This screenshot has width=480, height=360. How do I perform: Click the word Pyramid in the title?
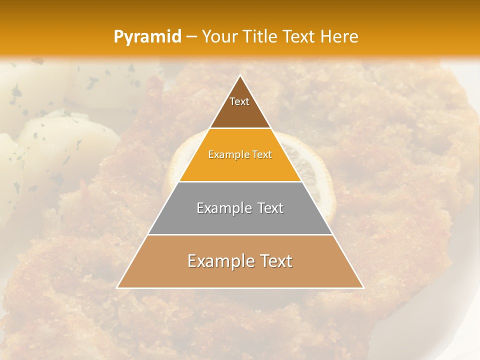(147, 36)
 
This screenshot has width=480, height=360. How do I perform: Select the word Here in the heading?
(339, 36)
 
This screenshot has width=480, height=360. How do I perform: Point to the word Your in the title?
(220, 36)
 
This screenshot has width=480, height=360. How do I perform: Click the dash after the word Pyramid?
(191, 37)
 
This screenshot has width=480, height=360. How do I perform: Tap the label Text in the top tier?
(239, 101)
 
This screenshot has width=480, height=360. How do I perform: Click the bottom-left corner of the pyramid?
(117, 287)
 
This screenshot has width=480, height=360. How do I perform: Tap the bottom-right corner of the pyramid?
(363, 287)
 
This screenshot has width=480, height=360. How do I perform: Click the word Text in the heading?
(299, 36)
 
